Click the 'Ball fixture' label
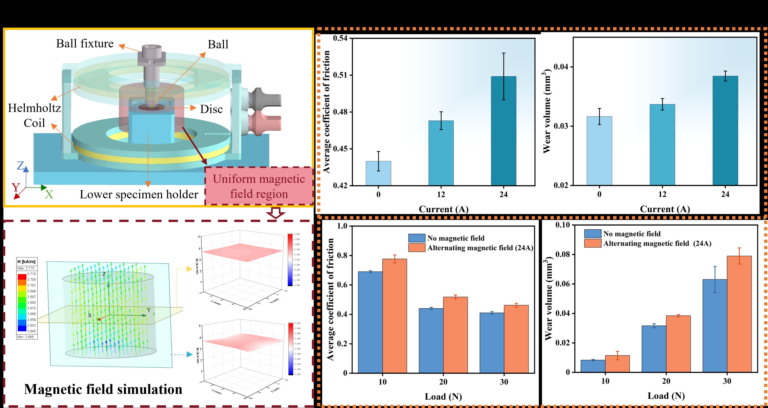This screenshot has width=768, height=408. click(x=85, y=44)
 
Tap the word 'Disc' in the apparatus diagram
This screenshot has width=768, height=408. click(x=211, y=109)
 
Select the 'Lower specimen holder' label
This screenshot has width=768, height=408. click(x=139, y=194)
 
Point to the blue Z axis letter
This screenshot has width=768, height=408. click(x=20, y=166)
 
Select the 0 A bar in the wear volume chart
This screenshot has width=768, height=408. click(x=599, y=151)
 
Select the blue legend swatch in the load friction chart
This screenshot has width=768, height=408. click(x=416, y=238)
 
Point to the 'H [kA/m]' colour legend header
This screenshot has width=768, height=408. click(x=26, y=262)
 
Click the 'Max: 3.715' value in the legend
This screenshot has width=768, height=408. click(x=26, y=268)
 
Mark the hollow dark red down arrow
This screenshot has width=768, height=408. click(x=276, y=213)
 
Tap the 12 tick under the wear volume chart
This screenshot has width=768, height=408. click(x=662, y=194)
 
